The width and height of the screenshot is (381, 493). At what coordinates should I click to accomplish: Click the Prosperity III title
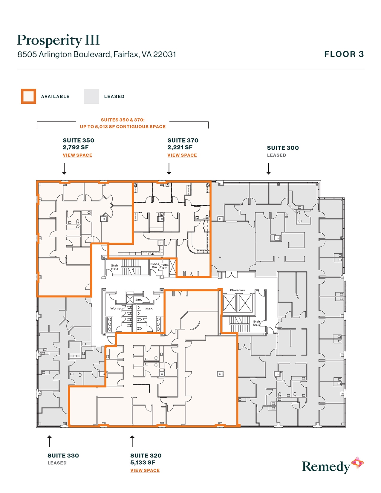click(x=58, y=40)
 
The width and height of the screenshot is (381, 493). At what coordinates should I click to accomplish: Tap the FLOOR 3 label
click(x=344, y=54)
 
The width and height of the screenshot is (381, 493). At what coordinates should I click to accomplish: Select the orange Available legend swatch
click(x=28, y=96)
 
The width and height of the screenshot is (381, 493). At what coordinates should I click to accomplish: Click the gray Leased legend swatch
click(x=91, y=96)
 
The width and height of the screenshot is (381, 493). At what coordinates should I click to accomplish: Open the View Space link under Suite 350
click(x=77, y=155)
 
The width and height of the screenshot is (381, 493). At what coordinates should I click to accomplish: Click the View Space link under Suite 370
click(x=182, y=155)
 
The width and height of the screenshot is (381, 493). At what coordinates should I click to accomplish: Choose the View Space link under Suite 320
click(x=145, y=470)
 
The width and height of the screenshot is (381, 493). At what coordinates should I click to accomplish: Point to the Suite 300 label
click(x=283, y=148)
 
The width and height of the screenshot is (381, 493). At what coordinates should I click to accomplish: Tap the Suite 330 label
click(x=63, y=456)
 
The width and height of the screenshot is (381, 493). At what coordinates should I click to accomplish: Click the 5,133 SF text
click(x=143, y=463)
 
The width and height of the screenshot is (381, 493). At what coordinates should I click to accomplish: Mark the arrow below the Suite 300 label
click(x=268, y=169)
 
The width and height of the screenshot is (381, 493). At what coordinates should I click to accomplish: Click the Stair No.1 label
click(x=114, y=267)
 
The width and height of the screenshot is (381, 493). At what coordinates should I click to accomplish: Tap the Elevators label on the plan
click(x=237, y=290)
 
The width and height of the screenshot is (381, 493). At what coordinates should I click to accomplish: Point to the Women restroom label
click(x=116, y=308)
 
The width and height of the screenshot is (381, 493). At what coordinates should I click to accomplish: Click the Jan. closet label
click(x=139, y=299)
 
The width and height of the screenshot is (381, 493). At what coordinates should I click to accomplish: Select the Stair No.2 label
click(x=256, y=323)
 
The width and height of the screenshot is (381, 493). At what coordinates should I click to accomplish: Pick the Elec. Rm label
click(x=154, y=266)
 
